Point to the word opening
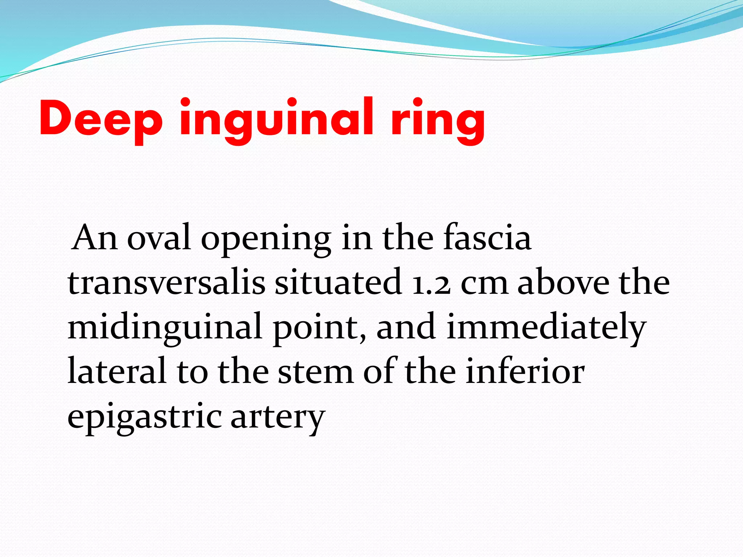266,239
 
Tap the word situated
338,282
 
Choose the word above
563,282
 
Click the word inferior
525,371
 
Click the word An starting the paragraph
94,238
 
